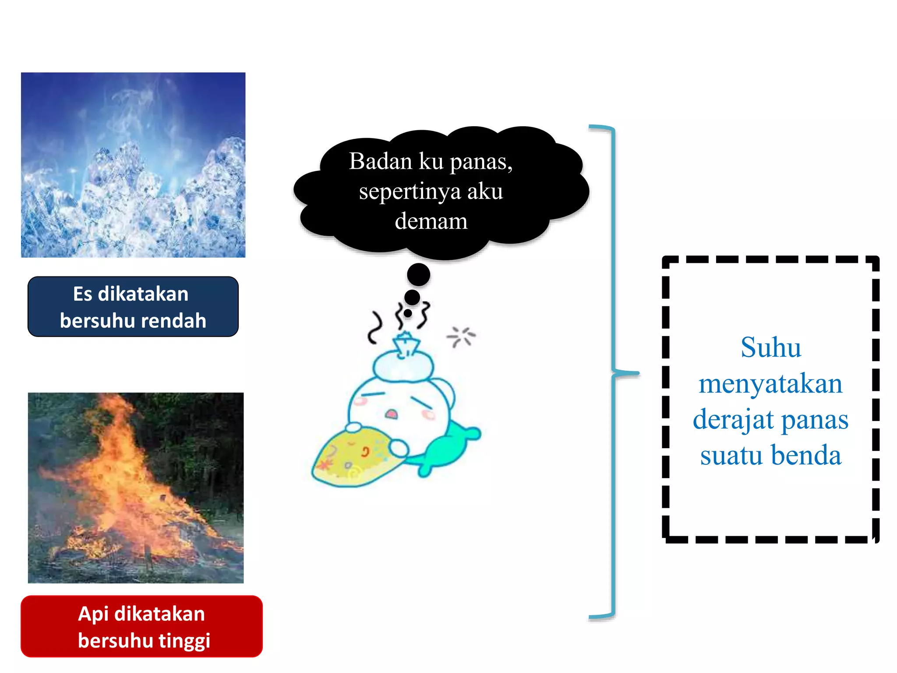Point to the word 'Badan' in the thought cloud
(x=381, y=161)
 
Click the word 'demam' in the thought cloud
(x=431, y=221)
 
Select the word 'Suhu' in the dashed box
(x=771, y=347)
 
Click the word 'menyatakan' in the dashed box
(x=770, y=383)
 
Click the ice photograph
(x=133, y=165)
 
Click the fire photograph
(x=136, y=488)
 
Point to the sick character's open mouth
(x=391, y=414)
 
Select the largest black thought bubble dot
(x=418, y=275)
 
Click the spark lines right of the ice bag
(x=461, y=336)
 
